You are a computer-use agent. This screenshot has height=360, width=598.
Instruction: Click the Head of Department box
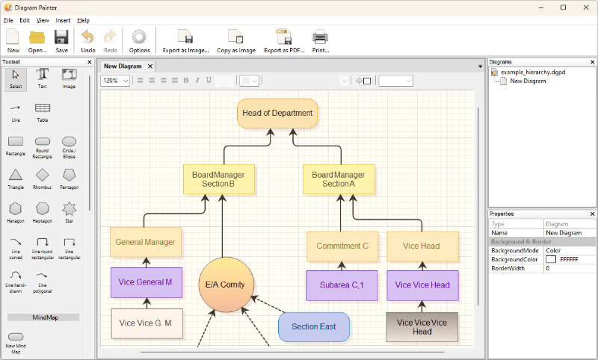277,113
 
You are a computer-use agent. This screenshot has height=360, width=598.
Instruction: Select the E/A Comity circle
226,285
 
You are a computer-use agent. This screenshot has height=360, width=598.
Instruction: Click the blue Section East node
314,327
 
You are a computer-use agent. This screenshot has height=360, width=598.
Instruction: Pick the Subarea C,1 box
342,285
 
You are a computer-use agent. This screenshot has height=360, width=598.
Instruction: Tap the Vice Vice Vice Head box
422,327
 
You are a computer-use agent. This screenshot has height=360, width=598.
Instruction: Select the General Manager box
146,242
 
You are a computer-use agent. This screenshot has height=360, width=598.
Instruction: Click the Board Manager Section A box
339,179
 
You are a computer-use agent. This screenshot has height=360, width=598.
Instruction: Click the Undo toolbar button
87,41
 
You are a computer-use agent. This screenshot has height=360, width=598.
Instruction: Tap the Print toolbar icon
321,41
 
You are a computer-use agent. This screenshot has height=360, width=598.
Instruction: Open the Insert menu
63,21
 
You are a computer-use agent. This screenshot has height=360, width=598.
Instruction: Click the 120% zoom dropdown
115,81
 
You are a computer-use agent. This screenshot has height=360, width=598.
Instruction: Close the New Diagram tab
150,66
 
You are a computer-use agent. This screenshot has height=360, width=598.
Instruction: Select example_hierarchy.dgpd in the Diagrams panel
533,72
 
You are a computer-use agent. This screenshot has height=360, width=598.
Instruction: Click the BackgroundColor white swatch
551,259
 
